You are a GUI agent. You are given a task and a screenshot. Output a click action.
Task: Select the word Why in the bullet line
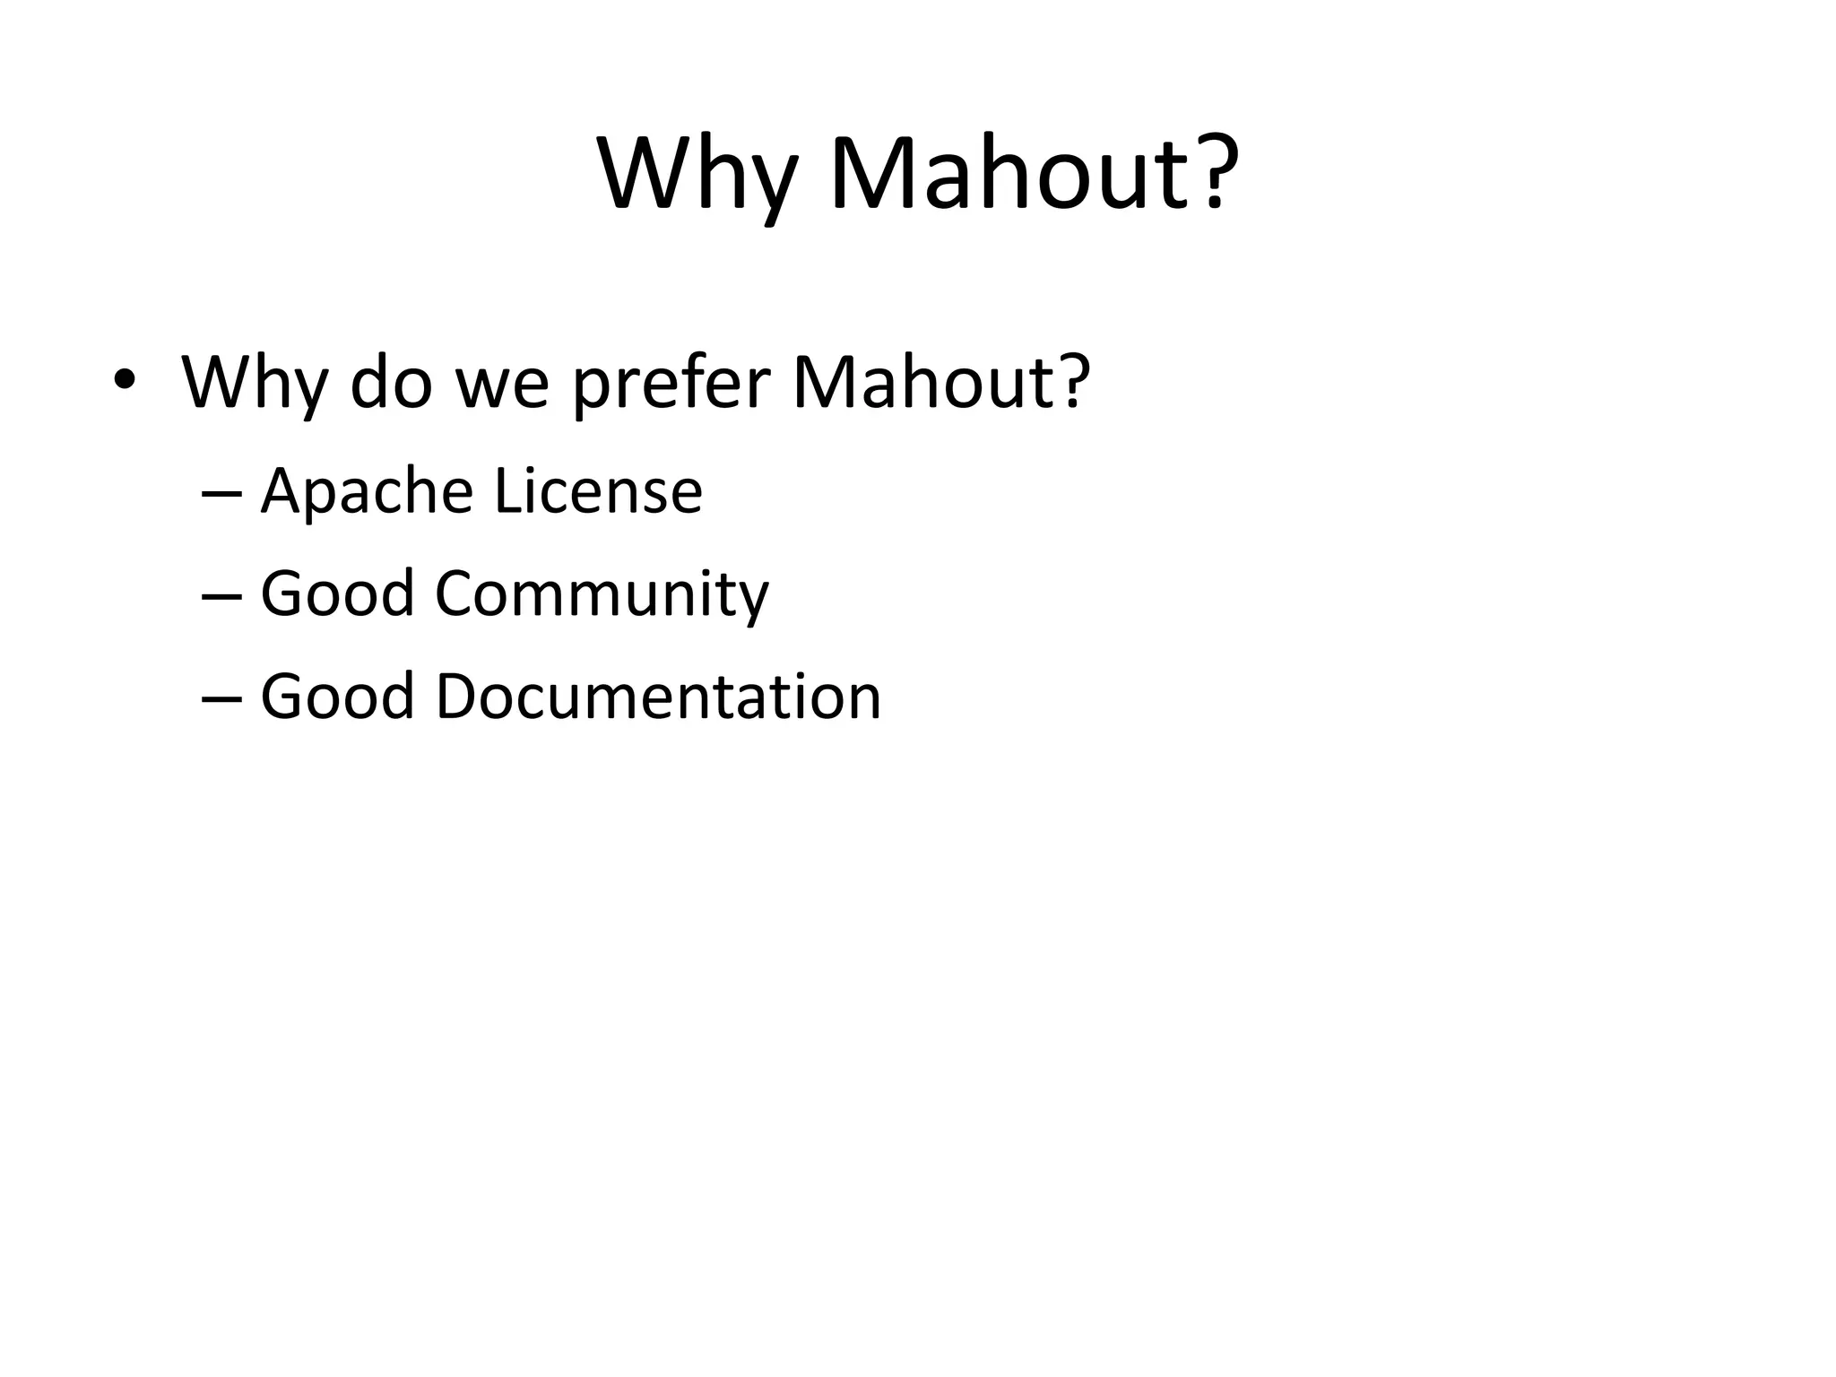(255, 384)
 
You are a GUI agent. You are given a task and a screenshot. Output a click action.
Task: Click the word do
(392, 384)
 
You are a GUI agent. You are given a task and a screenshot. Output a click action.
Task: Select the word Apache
(367, 492)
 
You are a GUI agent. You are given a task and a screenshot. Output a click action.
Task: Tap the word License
(598, 492)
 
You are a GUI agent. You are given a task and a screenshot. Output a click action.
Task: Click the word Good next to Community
(337, 594)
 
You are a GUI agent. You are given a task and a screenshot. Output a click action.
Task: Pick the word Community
(602, 596)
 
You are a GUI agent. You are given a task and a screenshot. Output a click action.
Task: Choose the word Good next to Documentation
(337, 697)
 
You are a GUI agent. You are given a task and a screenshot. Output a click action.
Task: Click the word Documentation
(658, 697)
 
